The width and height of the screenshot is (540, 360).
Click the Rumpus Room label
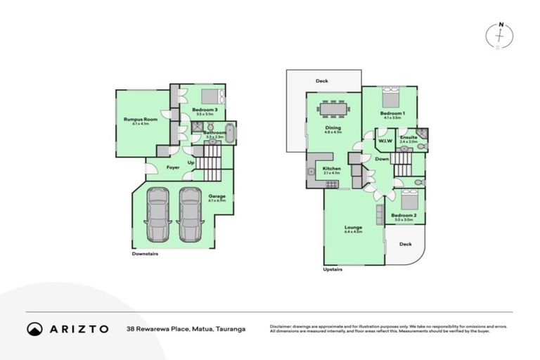coord(141,120)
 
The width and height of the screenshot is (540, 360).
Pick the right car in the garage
coord(190,214)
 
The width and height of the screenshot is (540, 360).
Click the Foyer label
coord(172,167)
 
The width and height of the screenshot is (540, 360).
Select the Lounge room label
coord(353,228)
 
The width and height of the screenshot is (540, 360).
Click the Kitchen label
coord(332,169)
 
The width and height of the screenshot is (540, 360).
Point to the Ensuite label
coord(409,137)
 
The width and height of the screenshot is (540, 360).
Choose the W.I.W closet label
coord(385,141)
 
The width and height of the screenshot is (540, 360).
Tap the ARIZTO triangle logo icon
coord(34,328)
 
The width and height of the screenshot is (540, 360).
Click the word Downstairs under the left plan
coord(145,254)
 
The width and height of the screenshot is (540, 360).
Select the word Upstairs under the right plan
coord(333,269)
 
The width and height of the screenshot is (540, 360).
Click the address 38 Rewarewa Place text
coord(186,328)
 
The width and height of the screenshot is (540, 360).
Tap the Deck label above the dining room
coord(322,82)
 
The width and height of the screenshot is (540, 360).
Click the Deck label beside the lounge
coord(405,244)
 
